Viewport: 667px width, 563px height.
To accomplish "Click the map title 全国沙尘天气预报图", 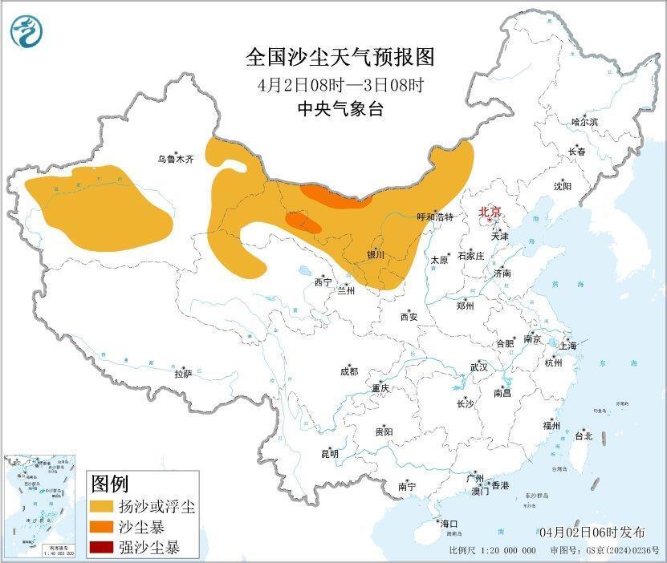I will (x=340, y=58).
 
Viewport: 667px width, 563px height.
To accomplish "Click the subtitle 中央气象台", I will (x=340, y=109).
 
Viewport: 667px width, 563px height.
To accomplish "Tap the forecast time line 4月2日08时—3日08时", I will (x=340, y=84).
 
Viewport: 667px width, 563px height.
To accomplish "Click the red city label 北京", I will (x=490, y=213).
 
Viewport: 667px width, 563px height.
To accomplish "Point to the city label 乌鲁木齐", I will (x=175, y=160).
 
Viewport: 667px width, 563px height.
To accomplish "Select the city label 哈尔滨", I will (x=584, y=122).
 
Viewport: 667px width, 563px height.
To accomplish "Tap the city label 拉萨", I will (x=183, y=374).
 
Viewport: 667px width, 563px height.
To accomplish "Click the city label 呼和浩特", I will (x=435, y=217).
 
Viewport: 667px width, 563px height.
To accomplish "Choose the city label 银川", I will (x=376, y=255).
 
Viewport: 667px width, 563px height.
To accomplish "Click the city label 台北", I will (x=583, y=436).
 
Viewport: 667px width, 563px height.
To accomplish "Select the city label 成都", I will (x=349, y=371).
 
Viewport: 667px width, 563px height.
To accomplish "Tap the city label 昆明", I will (x=330, y=454).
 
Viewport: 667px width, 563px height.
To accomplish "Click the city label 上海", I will (x=568, y=346).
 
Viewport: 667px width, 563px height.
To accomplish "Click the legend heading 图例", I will (x=110, y=484).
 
